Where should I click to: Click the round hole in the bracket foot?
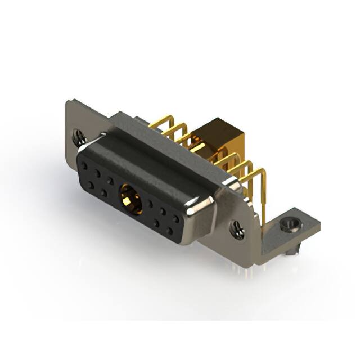pos(290,227)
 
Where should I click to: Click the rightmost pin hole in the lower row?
pos(169,231)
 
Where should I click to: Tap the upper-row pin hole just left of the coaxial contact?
pos(111,181)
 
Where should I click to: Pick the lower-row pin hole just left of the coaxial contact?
pos(104,192)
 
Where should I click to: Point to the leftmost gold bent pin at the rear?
pos(160,121)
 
